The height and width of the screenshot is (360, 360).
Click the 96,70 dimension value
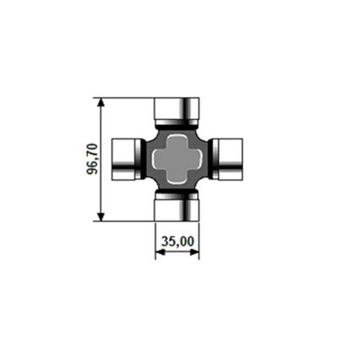[x=92, y=159]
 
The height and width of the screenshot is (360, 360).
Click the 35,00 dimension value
[x=177, y=242]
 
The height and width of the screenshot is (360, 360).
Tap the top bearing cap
[x=177, y=112]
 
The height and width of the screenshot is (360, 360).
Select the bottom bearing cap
[x=177, y=207]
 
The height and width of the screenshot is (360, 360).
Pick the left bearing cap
[x=127, y=159]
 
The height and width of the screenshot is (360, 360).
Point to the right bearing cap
[x=227, y=159]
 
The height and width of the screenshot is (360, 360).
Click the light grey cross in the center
[x=177, y=159]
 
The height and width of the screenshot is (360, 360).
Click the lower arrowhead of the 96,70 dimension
[x=101, y=216]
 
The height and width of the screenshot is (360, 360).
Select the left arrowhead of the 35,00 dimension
[x=160, y=253]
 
